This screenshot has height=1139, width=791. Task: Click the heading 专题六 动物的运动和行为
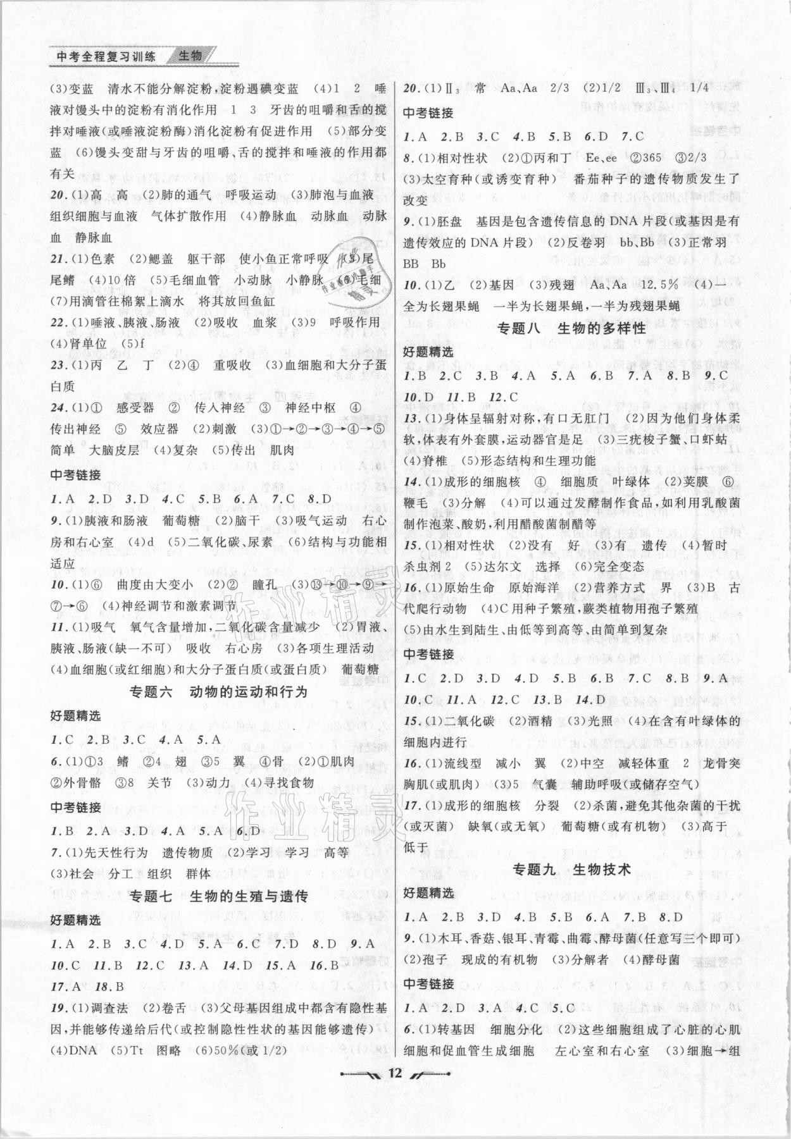click(x=218, y=692)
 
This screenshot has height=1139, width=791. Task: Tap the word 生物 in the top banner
click(x=190, y=56)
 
